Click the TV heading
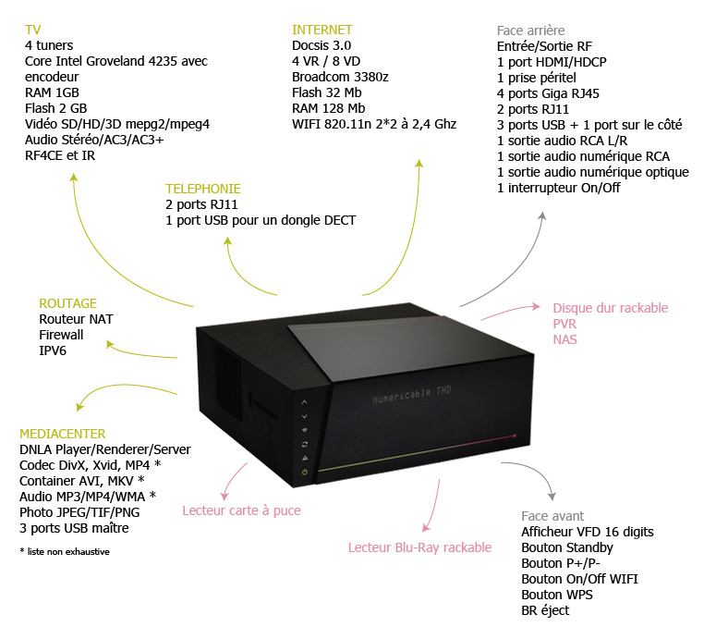tap(32, 30)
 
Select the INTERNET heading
tap(322, 30)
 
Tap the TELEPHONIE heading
tap(203, 189)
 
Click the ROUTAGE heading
tap(67, 303)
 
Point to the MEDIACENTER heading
tap(63, 434)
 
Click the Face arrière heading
tap(530, 31)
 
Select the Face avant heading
tap(552, 516)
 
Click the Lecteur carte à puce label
tap(241, 510)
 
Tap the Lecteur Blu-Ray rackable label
tap(419, 547)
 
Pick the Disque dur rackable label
tap(610, 308)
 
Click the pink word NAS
tap(564, 339)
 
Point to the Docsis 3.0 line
tap(322, 45)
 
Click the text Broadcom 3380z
tap(340, 77)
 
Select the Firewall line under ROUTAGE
tap(61, 335)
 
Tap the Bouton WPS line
tap(557, 595)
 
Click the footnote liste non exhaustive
tap(65, 551)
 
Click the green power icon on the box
tap(305, 472)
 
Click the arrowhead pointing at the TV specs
tap(74, 178)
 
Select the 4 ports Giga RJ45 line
tap(548, 93)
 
